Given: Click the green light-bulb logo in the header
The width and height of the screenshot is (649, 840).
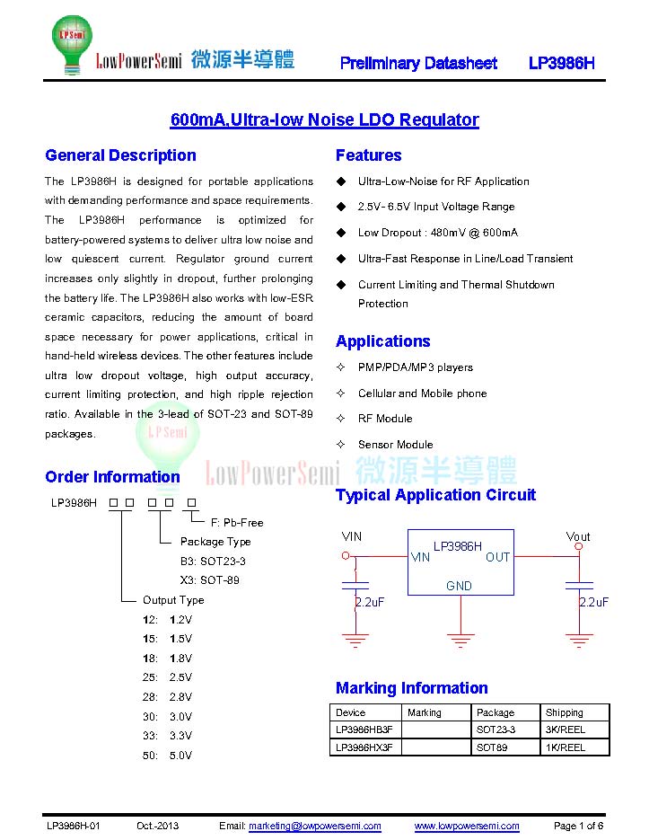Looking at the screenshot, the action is click(73, 44).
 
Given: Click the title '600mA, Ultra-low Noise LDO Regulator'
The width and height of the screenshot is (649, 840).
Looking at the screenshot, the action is click(325, 119).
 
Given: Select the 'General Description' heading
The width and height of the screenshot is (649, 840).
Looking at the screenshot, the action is click(120, 155).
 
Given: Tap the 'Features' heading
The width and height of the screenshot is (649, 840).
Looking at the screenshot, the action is click(368, 155).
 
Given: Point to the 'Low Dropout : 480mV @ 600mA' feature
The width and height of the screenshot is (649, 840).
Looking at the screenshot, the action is click(437, 233).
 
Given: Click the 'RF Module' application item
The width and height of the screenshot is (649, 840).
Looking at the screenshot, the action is click(385, 419).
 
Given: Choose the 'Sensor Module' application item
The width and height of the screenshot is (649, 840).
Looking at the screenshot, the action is click(395, 444).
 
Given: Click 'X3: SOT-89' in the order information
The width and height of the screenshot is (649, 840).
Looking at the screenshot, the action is click(210, 580).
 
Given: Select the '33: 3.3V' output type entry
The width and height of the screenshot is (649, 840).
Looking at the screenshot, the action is click(167, 736).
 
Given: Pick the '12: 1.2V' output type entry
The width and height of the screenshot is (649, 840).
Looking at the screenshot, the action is click(167, 620).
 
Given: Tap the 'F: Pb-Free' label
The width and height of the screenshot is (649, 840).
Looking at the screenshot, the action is click(237, 522).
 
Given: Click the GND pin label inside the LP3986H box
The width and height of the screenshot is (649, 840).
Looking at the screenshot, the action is click(459, 586).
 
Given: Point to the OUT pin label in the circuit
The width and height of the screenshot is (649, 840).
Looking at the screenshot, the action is click(497, 557).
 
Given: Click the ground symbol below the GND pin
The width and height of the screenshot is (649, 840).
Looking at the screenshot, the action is click(460, 641).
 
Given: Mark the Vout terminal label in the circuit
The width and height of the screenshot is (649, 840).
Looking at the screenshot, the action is click(578, 536).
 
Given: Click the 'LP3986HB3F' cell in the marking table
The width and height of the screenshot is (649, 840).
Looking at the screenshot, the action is click(364, 729).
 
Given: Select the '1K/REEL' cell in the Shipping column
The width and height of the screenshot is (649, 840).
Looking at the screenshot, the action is click(566, 747).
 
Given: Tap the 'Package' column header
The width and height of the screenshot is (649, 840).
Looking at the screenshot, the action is click(496, 712).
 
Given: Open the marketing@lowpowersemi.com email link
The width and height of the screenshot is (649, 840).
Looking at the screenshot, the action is click(315, 826).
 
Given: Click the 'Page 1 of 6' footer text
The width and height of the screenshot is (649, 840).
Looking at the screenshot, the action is click(578, 826).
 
